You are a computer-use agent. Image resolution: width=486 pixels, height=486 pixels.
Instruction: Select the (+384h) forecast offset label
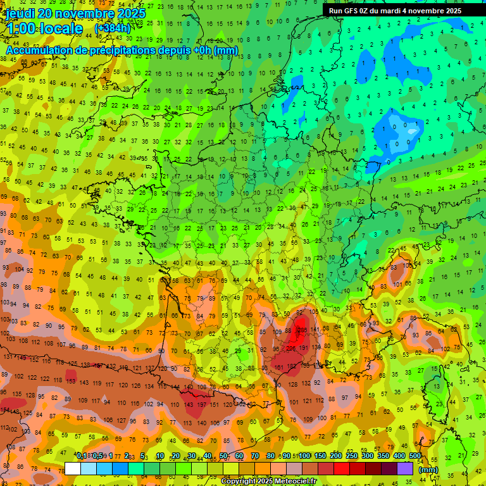[112, 28]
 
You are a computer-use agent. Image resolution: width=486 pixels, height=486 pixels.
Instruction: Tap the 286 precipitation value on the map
[302, 330]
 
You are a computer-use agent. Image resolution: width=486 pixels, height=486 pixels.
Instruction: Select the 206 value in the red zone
[292, 349]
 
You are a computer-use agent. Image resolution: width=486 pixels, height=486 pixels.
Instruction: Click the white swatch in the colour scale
[73, 469]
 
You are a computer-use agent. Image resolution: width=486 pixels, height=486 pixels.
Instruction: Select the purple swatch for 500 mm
[405, 469]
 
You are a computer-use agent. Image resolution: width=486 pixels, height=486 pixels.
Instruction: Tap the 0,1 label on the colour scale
[82, 456]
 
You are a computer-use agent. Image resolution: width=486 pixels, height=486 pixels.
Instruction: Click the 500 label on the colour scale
[414, 456]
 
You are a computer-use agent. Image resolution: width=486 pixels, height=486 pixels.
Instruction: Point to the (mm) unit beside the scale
[428, 470]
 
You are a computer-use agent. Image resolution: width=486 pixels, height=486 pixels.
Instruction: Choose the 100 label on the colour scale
[304, 456]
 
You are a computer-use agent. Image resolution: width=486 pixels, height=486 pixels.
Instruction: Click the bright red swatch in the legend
[342, 469]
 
